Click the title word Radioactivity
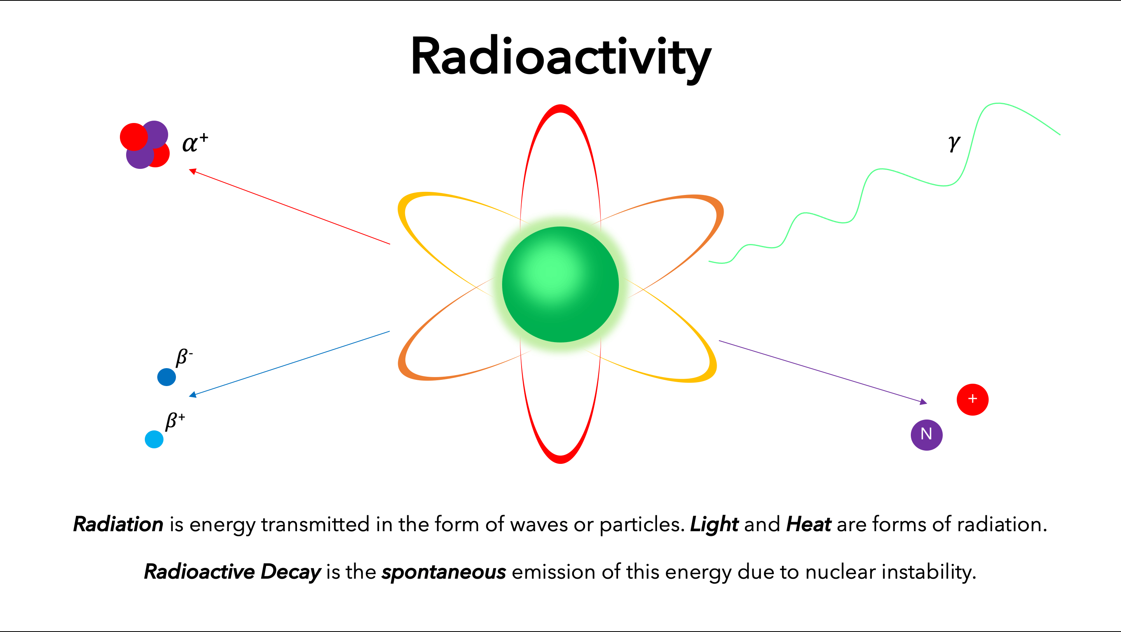click(560, 56)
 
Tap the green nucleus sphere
click(560, 284)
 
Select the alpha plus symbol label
click(195, 143)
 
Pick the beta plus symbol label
click(175, 421)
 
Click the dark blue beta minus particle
click(166, 377)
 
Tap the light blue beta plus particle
click(154, 439)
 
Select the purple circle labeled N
click(926, 435)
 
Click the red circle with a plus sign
click(972, 399)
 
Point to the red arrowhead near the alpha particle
click(193, 171)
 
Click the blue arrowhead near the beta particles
click(193, 395)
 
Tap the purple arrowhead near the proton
click(923, 402)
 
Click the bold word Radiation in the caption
click(118, 524)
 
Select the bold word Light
click(714, 524)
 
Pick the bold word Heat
click(808, 524)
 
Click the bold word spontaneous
click(443, 572)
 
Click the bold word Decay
click(291, 572)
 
